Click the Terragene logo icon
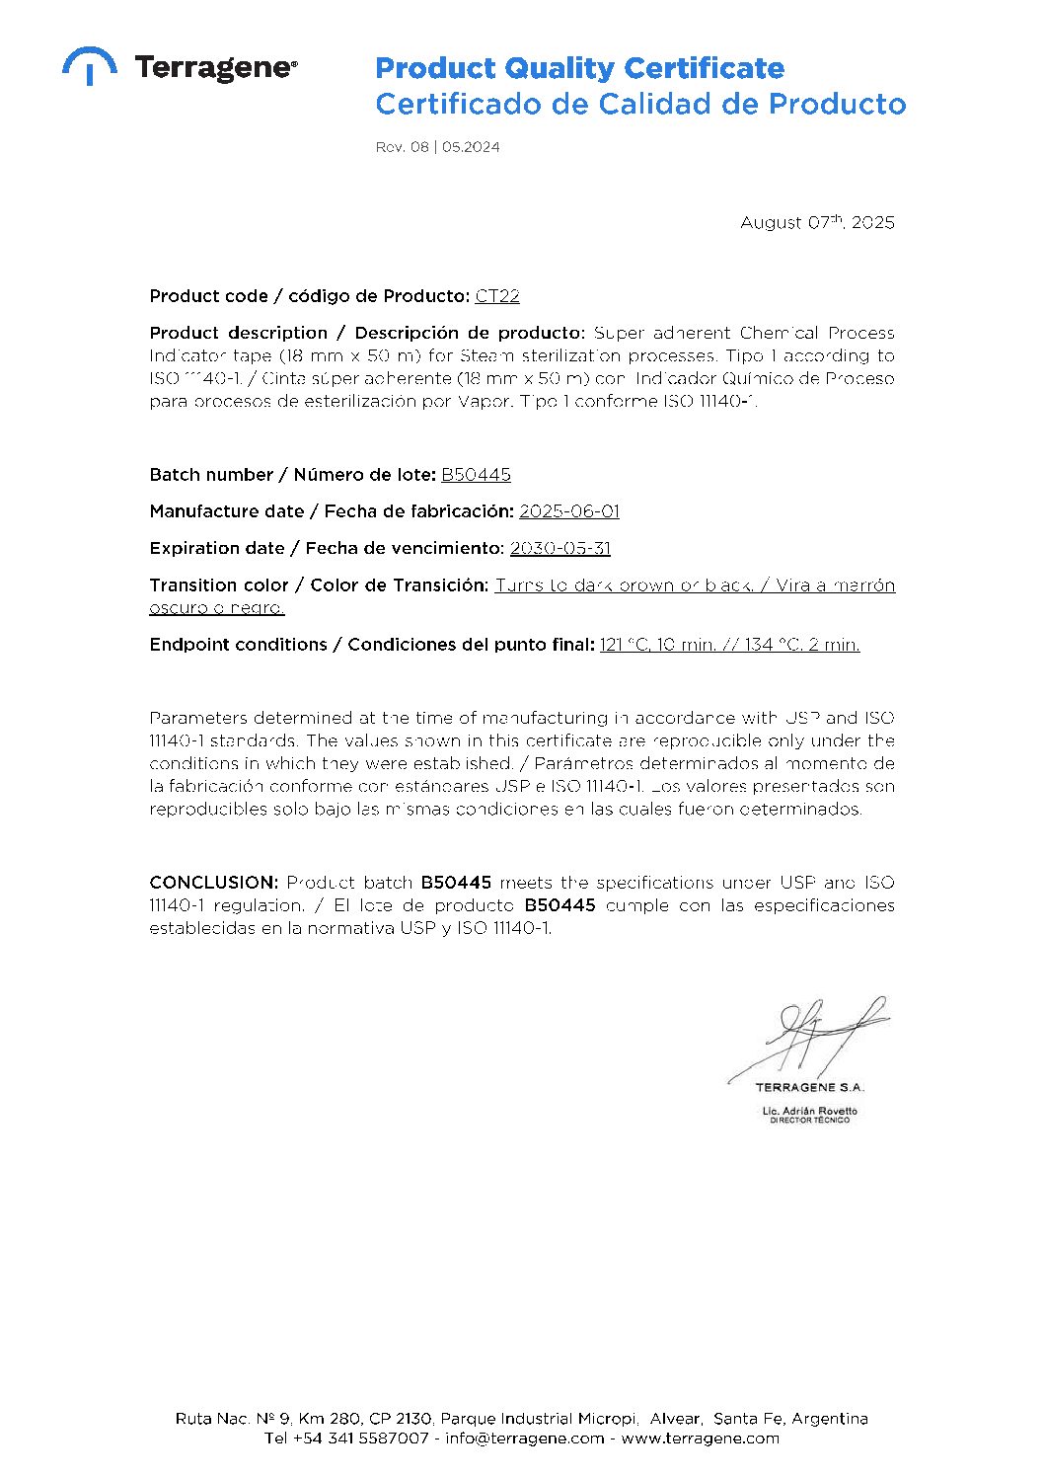pyautogui.click(x=89, y=65)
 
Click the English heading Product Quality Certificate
pyautogui.click(x=579, y=68)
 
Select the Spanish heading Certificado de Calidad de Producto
pyautogui.click(x=640, y=104)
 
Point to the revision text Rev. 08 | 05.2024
pyautogui.click(x=437, y=147)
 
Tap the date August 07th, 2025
pyautogui.click(x=817, y=222)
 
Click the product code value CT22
pyautogui.click(x=497, y=296)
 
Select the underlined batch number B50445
pyautogui.click(x=476, y=475)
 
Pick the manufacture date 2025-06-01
pyautogui.click(x=569, y=511)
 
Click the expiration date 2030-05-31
pyautogui.click(x=560, y=548)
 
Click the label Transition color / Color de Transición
pyautogui.click(x=319, y=585)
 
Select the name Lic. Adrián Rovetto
pyautogui.click(x=809, y=1111)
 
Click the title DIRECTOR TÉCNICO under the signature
pyautogui.click(x=809, y=1121)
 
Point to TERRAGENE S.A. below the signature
pyautogui.click(x=809, y=1087)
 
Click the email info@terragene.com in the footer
pyautogui.click(x=524, y=1439)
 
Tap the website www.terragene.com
pyautogui.click(x=700, y=1439)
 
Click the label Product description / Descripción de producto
pyautogui.click(x=367, y=333)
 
